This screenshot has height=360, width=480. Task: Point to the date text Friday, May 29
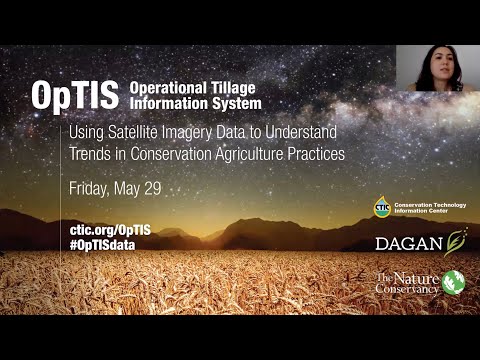[x=115, y=188]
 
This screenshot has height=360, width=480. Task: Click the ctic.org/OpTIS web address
[x=111, y=230]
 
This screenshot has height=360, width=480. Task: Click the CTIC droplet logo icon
[x=381, y=208]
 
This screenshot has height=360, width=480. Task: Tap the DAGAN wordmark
[x=409, y=243]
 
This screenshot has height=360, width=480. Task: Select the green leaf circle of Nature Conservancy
[x=454, y=283]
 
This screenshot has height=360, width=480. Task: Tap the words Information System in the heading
[x=194, y=102]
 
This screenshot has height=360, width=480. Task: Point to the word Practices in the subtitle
[x=321, y=154]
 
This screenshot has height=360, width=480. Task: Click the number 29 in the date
[x=151, y=188]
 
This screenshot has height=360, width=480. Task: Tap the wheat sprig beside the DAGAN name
[x=457, y=241]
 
